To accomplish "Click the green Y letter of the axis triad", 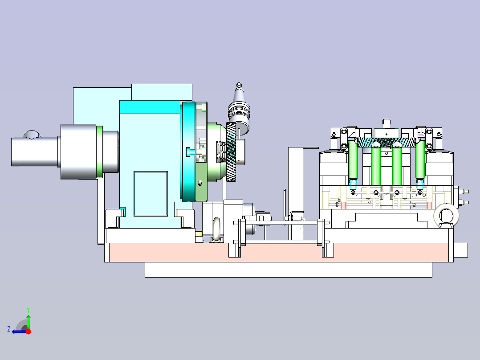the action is coord(28,310).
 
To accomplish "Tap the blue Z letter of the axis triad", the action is coord(9,329).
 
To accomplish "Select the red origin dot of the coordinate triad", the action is coord(28,331).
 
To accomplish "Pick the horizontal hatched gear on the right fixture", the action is coord(386,142).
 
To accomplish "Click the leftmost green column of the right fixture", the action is coord(353,160).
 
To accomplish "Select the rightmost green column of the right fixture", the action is coord(420,160).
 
